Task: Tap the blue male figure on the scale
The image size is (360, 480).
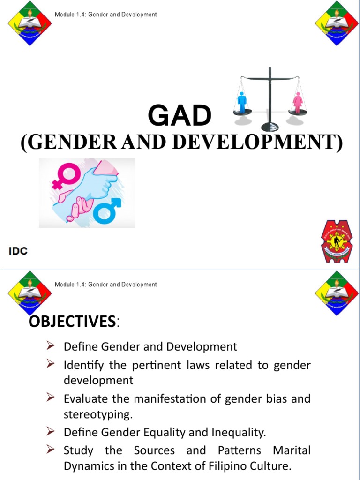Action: pyautogui.click(x=242, y=102)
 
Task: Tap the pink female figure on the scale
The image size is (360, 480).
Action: pyautogui.click(x=297, y=102)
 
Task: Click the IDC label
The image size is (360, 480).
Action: pyautogui.click(x=18, y=251)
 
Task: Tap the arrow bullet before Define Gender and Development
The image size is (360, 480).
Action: pyautogui.click(x=51, y=346)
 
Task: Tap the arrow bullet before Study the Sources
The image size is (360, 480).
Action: pyautogui.click(x=51, y=450)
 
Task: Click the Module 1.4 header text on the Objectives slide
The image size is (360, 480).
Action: pyautogui.click(x=105, y=285)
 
